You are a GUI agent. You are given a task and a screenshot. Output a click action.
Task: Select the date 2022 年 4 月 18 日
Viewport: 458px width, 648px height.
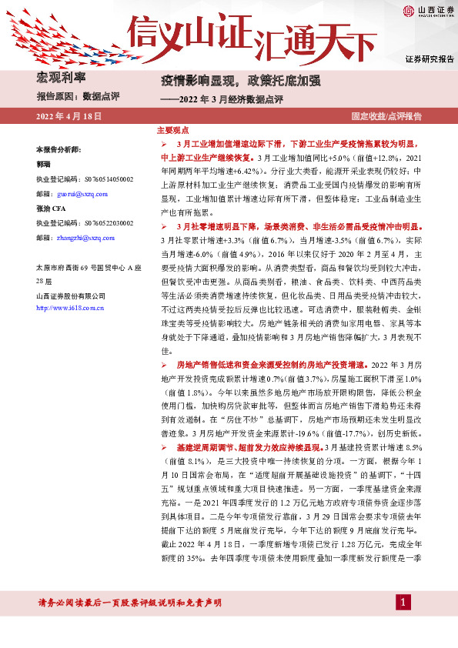click(x=69, y=116)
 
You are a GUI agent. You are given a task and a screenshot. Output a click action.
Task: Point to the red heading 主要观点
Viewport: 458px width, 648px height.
click(x=172, y=132)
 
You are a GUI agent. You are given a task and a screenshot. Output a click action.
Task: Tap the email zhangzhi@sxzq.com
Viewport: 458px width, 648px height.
click(x=84, y=239)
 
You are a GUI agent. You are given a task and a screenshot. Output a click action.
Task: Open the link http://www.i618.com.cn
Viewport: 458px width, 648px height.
click(x=71, y=308)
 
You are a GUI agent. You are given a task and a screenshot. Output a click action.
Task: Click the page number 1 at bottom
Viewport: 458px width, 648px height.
click(x=400, y=601)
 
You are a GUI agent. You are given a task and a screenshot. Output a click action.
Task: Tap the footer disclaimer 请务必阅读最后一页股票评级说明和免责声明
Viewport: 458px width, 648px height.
click(x=129, y=602)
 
